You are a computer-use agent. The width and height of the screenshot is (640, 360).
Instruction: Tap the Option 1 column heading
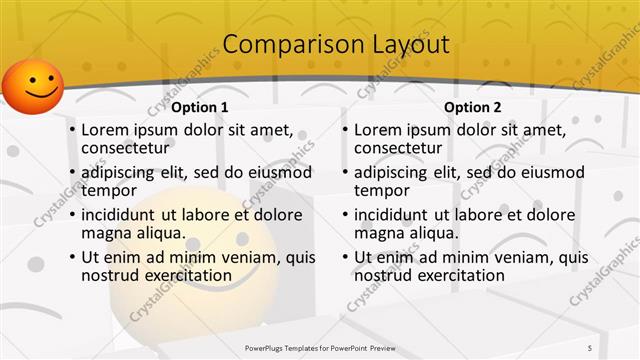point(200,107)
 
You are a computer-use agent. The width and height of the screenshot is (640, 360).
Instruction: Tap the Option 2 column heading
point(473,107)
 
